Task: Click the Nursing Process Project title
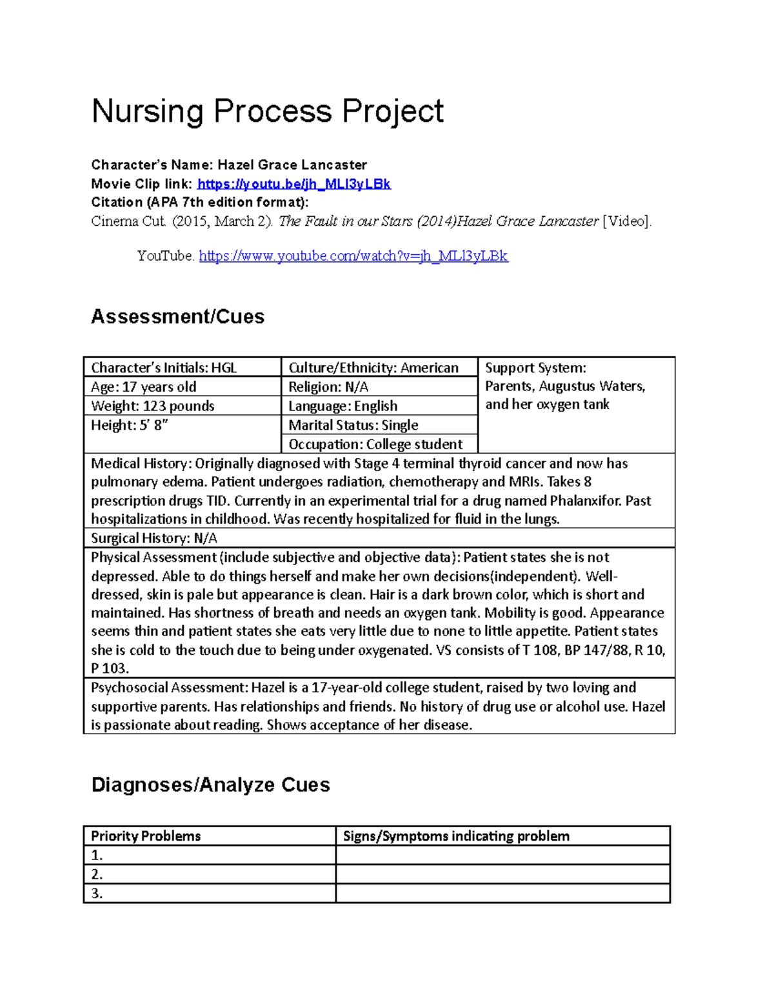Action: (267, 111)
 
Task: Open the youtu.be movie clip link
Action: (293, 184)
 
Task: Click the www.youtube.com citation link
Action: (353, 256)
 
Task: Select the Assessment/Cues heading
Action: (178, 317)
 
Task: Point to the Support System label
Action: (535, 368)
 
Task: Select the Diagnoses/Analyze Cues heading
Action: (211, 785)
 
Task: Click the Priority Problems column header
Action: (146, 836)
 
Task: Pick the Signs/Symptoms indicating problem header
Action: (456, 836)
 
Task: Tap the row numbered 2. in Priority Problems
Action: (209, 874)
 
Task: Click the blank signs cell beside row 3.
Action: (502, 894)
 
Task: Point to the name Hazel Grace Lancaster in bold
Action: (292, 165)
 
